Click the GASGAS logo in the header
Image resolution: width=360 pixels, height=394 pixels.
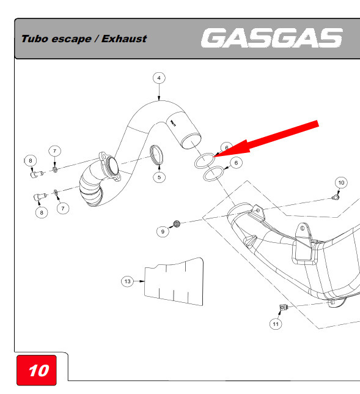click(271, 38)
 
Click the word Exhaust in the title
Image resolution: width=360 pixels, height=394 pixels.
click(124, 39)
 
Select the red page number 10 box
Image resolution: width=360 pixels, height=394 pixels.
click(37, 370)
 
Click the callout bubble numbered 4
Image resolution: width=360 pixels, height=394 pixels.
click(159, 78)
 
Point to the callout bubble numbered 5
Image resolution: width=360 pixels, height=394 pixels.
click(159, 177)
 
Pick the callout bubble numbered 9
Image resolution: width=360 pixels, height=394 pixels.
click(163, 231)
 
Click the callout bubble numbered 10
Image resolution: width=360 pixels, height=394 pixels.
click(341, 183)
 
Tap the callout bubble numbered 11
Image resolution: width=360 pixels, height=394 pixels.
click(276, 324)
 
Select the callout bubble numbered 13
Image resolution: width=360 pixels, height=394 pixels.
click(128, 281)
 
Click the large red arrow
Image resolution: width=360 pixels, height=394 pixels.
click(266, 139)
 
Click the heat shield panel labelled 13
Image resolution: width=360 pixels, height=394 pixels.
click(174, 281)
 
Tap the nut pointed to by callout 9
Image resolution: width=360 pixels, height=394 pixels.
click(177, 223)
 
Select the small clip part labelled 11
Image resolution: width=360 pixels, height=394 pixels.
click(283, 307)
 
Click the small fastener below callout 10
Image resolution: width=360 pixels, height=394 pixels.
click(335, 198)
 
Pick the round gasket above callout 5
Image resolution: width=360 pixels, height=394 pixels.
click(156, 155)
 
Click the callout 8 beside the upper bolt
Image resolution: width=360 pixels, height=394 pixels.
click(31, 160)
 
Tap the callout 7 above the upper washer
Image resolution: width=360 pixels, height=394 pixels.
click(55, 151)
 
